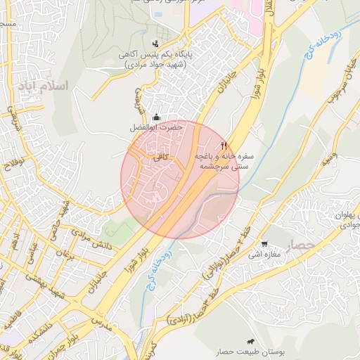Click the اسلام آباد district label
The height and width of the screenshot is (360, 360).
[x=47, y=86]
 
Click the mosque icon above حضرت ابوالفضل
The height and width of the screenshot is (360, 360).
[x=155, y=117]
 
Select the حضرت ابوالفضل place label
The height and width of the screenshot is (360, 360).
[x=155, y=129]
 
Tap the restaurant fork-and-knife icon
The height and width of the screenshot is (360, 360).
[x=224, y=145]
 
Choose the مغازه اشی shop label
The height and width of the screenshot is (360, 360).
[x=264, y=254]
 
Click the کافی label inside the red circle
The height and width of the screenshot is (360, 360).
[x=161, y=160]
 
